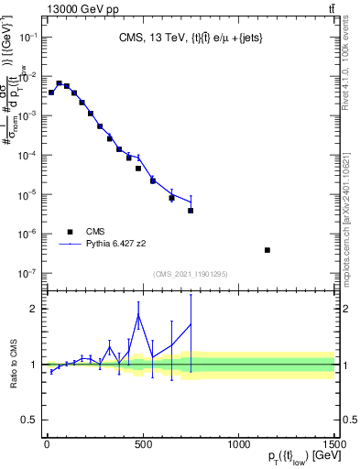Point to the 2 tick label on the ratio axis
pyautogui.click(x=32, y=309)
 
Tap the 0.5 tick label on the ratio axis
pyautogui.click(x=28, y=420)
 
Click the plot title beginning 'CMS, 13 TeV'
pyautogui.click(x=190, y=38)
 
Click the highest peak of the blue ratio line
pyautogui.click(x=138, y=315)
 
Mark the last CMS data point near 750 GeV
pyautogui.click(x=191, y=211)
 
